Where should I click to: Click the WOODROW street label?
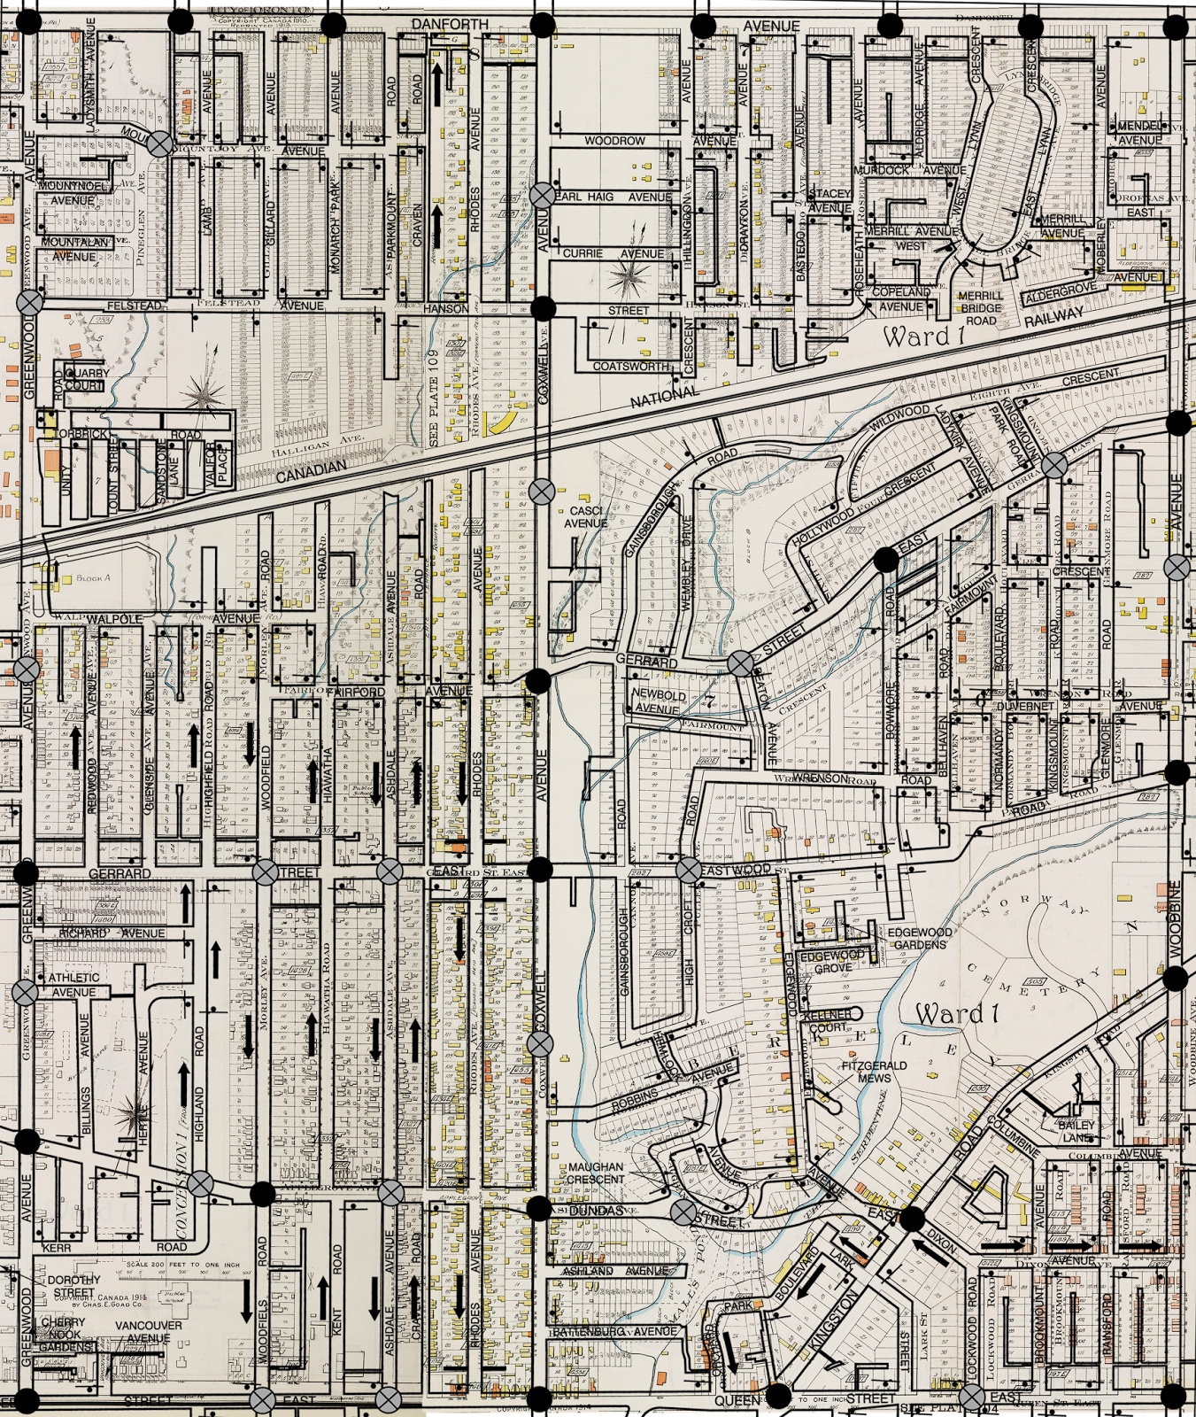click(614, 141)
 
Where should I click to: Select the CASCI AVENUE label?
click(585, 517)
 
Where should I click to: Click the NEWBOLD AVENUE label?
click(657, 701)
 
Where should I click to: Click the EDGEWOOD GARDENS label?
click(920, 939)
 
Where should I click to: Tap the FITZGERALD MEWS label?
click(873, 1072)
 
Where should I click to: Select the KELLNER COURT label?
click(828, 1020)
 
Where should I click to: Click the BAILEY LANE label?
click(1076, 1131)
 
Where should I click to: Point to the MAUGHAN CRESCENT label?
click(596, 1173)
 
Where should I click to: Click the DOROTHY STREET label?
click(73, 1286)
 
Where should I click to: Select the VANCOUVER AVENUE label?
click(148, 1331)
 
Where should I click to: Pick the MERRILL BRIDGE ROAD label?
click(979, 307)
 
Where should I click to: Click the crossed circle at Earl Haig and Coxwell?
click(542, 196)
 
